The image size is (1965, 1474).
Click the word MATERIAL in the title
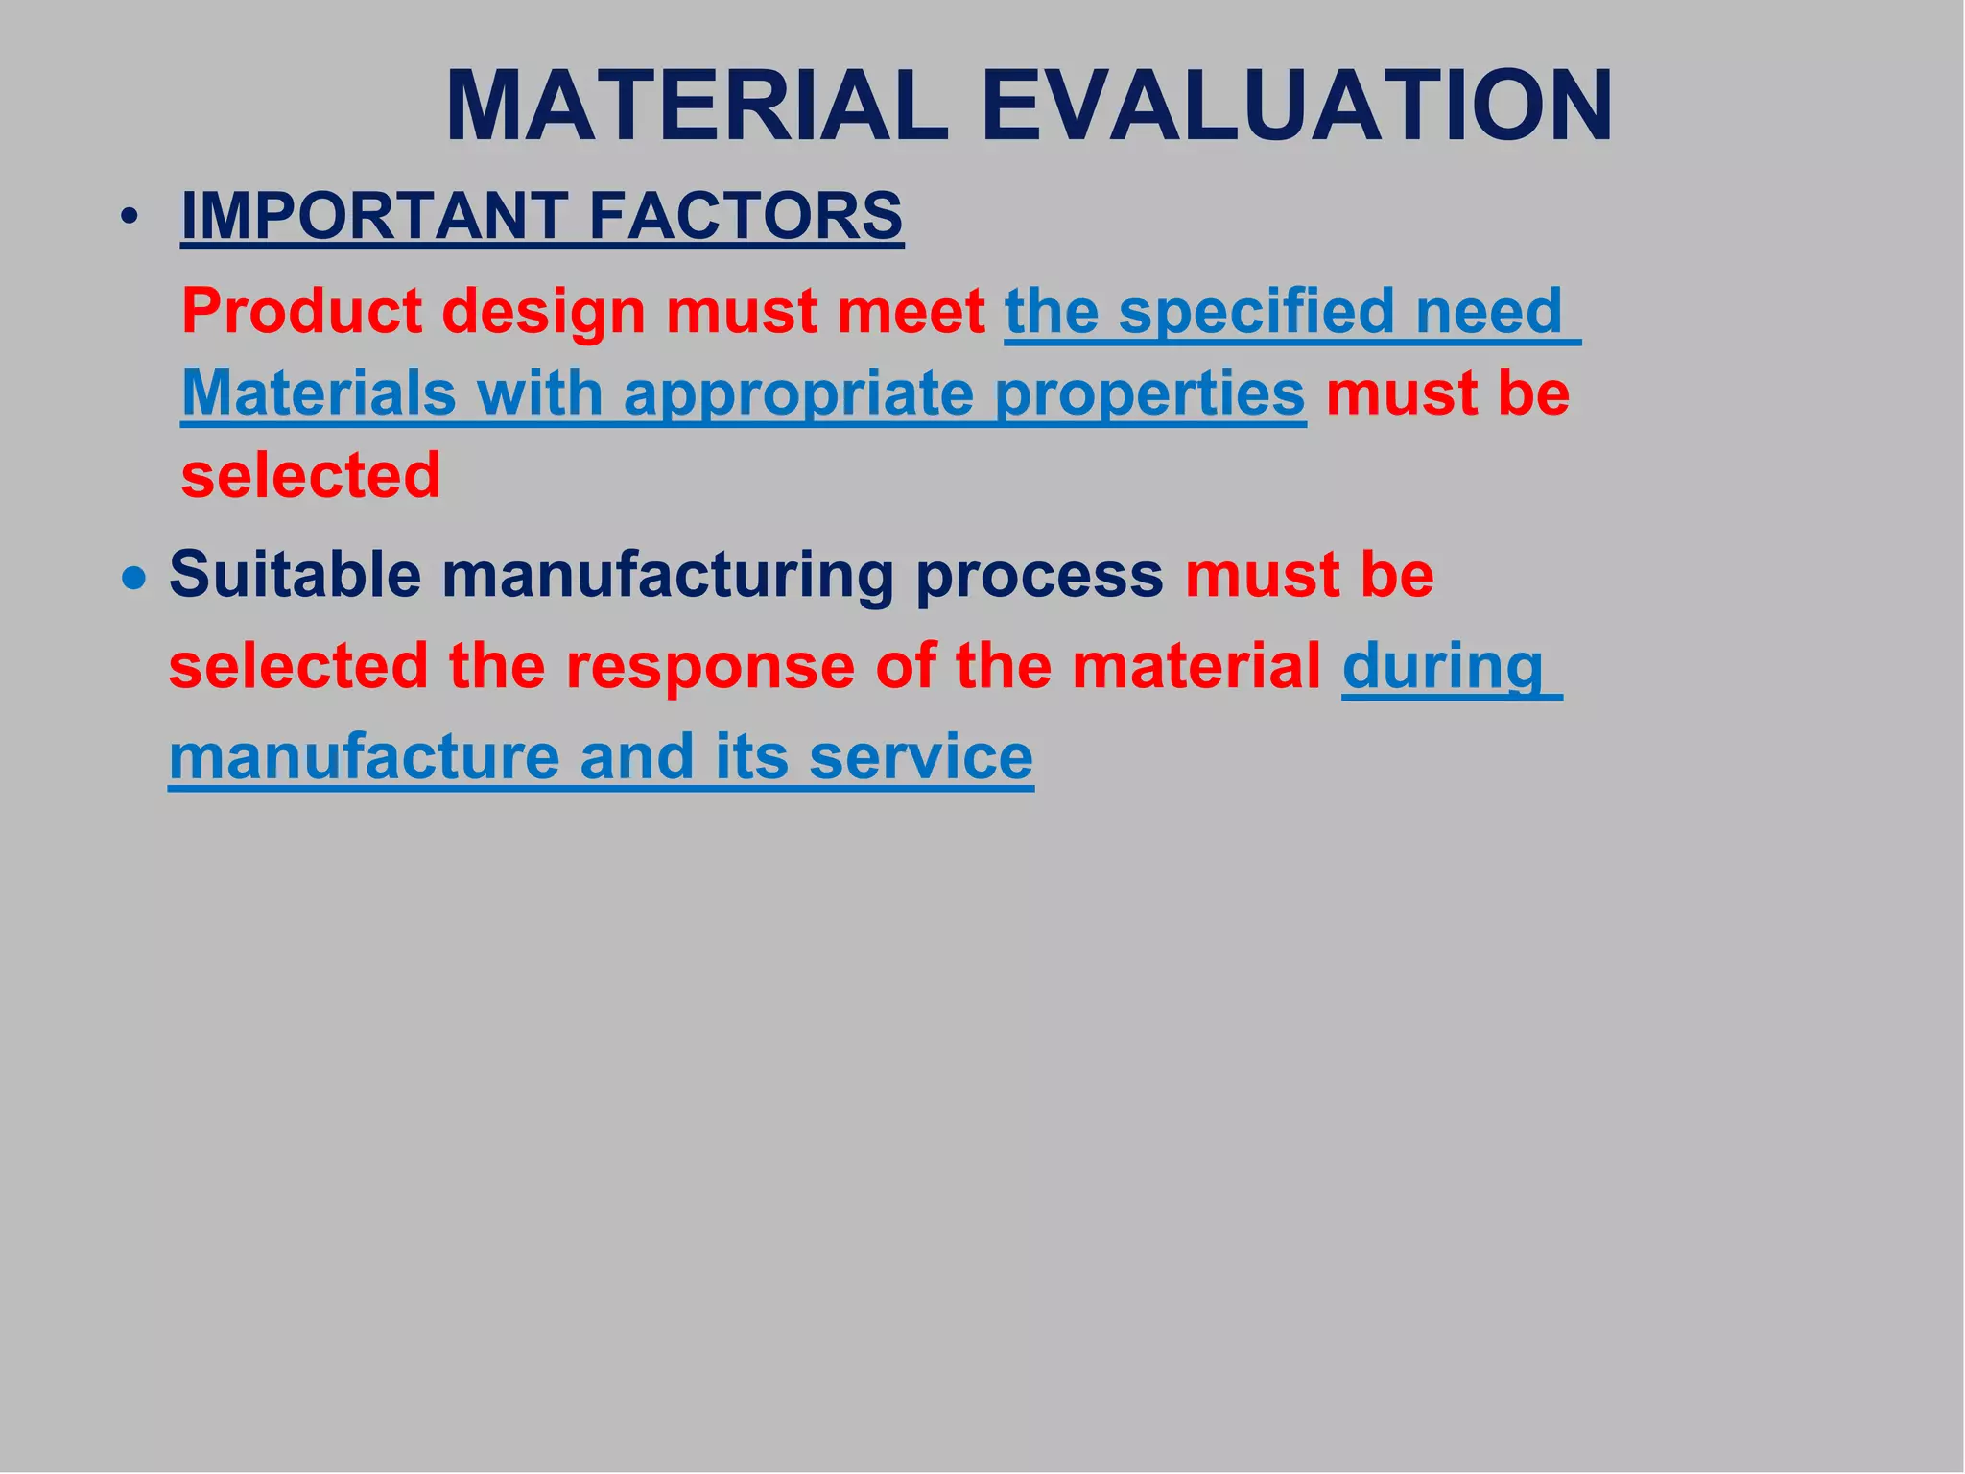coord(697,107)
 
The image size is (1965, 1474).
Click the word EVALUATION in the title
coord(1296,107)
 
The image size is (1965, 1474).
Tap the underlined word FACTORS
coord(746,216)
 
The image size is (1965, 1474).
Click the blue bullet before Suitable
coord(135,579)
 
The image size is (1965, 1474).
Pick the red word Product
coord(301,312)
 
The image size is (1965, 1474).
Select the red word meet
coord(910,312)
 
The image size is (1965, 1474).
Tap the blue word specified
coord(1257,312)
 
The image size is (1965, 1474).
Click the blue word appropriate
coord(798,394)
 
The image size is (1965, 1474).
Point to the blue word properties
coord(1149,394)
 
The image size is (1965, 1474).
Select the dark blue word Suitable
coord(295,575)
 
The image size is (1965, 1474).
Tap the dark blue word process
coord(1039,577)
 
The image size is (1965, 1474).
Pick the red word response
coord(709,666)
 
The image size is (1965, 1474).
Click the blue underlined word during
coord(1442,668)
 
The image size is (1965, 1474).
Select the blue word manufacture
coord(364,757)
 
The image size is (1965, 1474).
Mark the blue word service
coord(920,757)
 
